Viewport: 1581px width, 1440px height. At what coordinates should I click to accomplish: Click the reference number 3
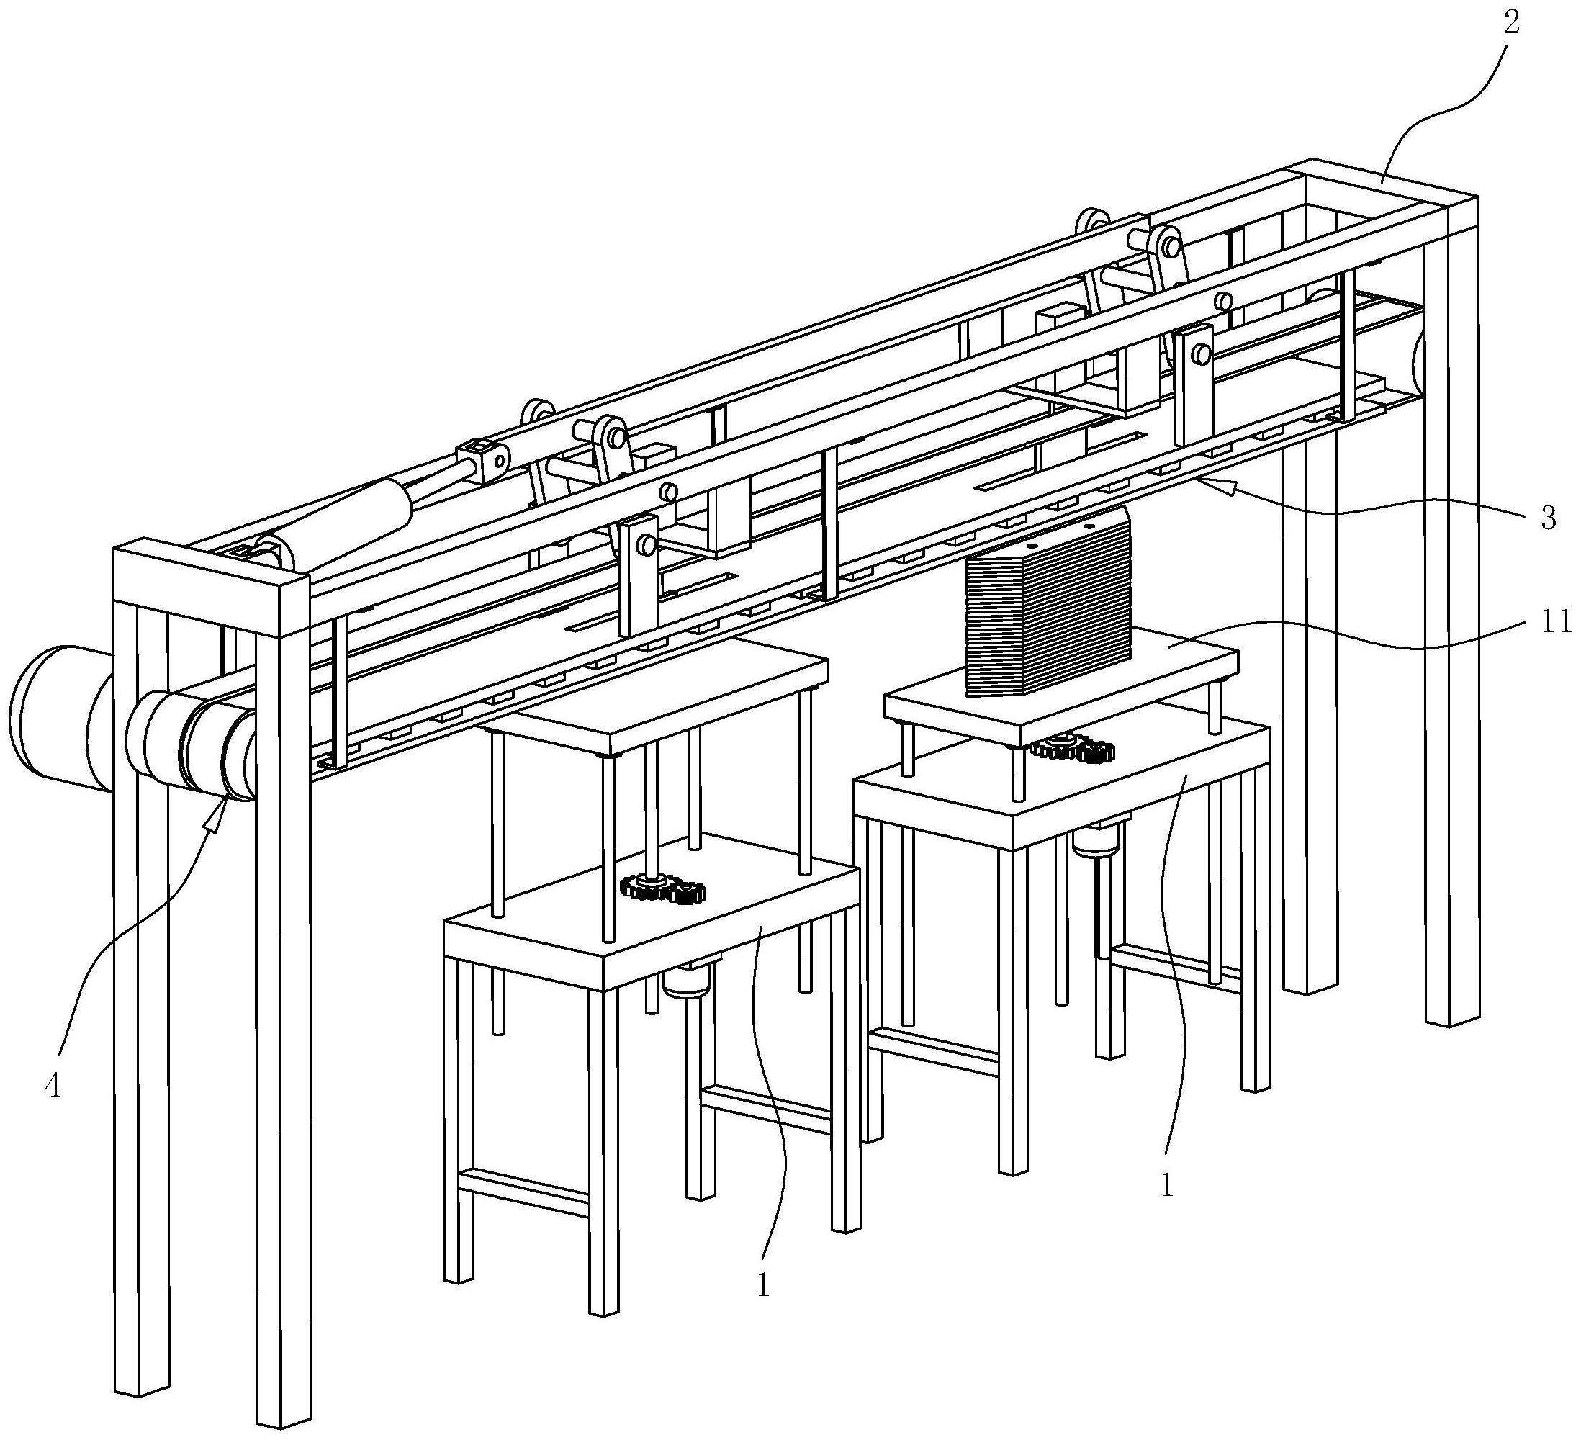click(1547, 518)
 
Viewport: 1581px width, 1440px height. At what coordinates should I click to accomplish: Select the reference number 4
click(53, 1086)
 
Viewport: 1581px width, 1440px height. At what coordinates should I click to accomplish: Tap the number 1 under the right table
click(1167, 1184)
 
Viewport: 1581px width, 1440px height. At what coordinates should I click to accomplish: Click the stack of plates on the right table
click(1049, 603)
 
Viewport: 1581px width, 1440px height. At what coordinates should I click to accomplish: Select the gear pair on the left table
click(662, 889)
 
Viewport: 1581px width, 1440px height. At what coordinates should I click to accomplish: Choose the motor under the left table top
click(686, 980)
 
